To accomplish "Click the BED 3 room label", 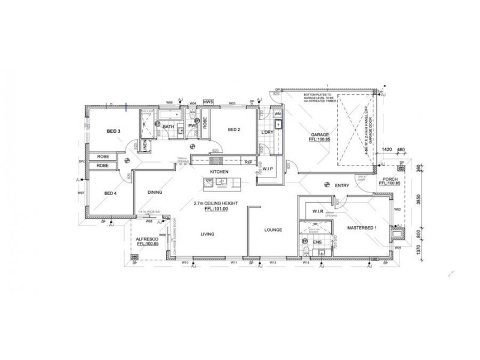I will (x=114, y=131).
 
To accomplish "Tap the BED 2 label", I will (x=233, y=130).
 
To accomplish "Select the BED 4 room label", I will (x=110, y=193).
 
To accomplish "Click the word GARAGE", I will (x=317, y=134).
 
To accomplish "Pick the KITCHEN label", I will (x=220, y=172).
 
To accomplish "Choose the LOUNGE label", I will (x=273, y=229).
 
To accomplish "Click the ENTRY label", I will (x=342, y=185).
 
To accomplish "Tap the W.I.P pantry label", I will (x=268, y=170).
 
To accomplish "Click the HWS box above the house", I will (x=208, y=102).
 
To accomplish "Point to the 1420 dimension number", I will (x=386, y=149).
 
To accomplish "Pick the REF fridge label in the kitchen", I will (x=248, y=161).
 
